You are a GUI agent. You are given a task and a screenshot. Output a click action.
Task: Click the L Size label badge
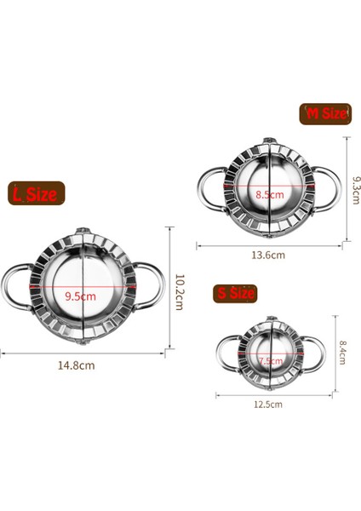pos(33,194)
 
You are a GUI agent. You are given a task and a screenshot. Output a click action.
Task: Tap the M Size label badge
pos(324,113)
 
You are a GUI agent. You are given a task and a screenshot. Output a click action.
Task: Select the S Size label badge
pos(235,293)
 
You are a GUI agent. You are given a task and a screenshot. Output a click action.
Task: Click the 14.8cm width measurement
pos(77,365)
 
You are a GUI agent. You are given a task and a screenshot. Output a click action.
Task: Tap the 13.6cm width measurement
pos(266,254)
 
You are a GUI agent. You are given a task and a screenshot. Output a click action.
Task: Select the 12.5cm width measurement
pos(267,405)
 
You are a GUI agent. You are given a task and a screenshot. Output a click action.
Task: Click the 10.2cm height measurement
pos(180,292)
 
